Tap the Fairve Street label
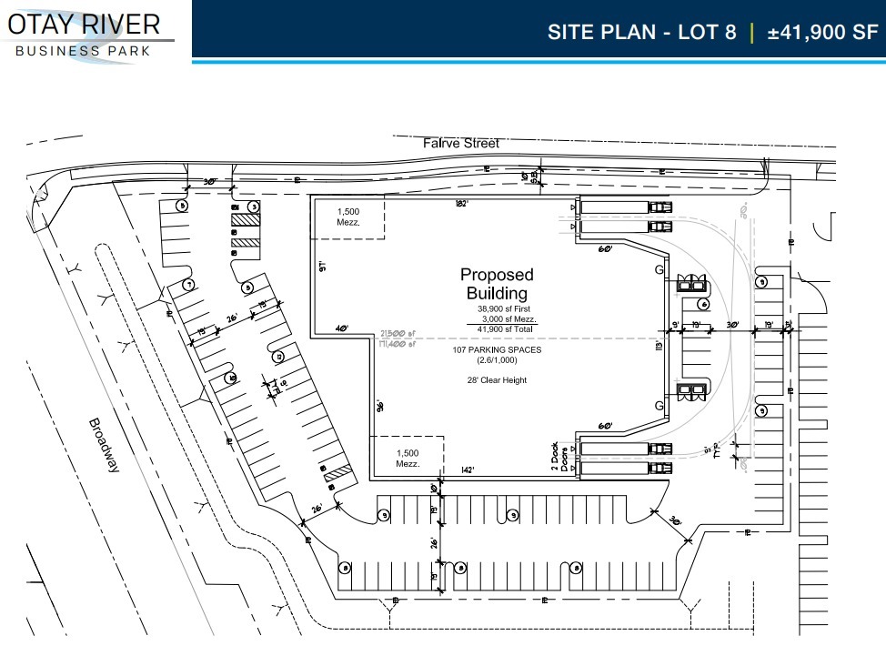[x=461, y=144]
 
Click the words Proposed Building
[x=497, y=284]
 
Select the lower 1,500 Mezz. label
[x=407, y=458]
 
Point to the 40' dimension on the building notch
[x=342, y=328]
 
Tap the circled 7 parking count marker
[x=188, y=285]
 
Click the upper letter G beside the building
[x=659, y=270]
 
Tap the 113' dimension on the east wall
[x=659, y=345]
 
